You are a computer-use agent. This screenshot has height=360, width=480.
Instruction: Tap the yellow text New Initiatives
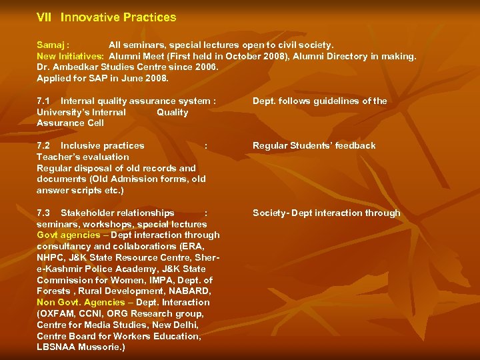[70, 57]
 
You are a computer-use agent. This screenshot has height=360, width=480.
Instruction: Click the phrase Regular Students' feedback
[314, 145]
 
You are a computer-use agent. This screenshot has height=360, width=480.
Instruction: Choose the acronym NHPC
[51, 257]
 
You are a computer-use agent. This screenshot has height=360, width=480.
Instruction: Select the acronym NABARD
[191, 291]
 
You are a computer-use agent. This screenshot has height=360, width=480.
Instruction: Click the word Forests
[53, 291]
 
